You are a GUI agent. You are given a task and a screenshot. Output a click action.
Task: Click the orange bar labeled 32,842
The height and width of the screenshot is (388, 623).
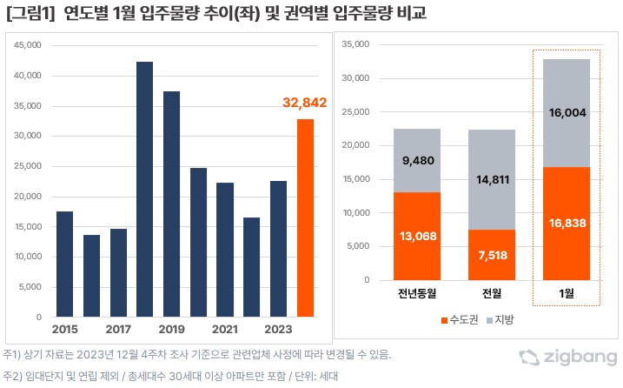pos(305,217)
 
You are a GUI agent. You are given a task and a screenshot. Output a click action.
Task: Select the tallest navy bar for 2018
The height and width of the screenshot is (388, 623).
pos(144,189)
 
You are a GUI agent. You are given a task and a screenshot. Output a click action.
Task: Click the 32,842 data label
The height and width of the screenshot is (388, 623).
pos(304,103)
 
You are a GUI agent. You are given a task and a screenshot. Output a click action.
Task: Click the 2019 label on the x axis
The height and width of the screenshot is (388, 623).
pos(171,330)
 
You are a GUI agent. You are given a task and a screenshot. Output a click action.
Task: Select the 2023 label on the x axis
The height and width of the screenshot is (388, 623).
pos(277,330)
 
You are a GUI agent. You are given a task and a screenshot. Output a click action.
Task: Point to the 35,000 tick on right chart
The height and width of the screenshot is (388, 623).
pos(356,44)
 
